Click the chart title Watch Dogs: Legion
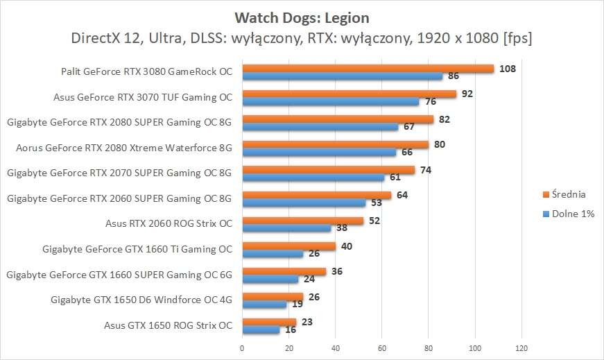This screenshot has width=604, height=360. pyautogui.click(x=302, y=17)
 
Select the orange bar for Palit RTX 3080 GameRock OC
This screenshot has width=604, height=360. pyautogui.click(x=368, y=69)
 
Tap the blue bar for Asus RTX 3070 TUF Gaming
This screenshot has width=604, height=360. pyautogui.click(x=330, y=101)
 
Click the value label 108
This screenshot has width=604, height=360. pyautogui.click(x=507, y=68)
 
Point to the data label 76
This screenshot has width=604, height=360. pyautogui.click(x=431, y=101)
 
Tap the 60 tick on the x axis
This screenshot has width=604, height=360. pyautogui.click(x=381, y=347)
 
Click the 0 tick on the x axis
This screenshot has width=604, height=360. pyautogui.click(x=242, y=347)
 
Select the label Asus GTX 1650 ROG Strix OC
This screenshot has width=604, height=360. pyautogui.click(x=168, y=325)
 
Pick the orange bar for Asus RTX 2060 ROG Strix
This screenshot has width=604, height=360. pyautogui.click(x=302, y=221)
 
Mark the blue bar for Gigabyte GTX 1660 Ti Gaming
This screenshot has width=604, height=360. pyautogui.click(x=273, y=254)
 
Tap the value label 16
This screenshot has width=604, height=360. pyautogui.click(x=291, y=330)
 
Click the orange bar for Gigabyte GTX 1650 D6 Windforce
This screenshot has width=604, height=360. pyautogui.click(x=273, y=297)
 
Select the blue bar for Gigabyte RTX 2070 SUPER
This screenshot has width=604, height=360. pyautogui.click(x=313, y=178)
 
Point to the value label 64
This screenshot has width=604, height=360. pyautogui.click(x=402, y=195)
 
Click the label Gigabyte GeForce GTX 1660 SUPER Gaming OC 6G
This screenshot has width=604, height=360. pyautogui.click(x=119, y=275)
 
